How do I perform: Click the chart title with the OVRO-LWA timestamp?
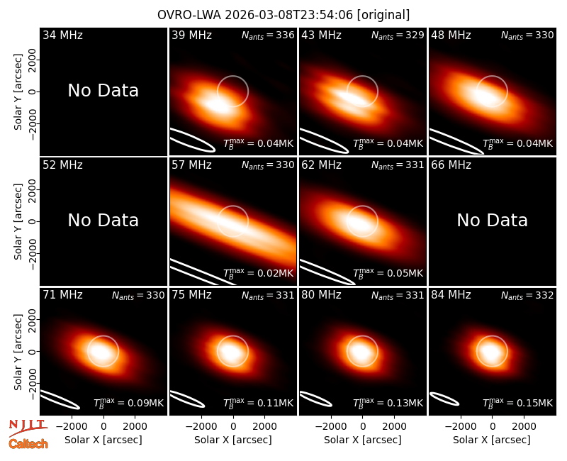(x=283, y=15)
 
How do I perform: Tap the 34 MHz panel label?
(x=62, y=35)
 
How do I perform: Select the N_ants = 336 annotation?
(x=268, y=35)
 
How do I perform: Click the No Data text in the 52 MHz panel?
(x=103, y=220)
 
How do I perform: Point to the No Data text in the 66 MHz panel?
(x=492, y=220)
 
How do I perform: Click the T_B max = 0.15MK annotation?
(x=518, y=403)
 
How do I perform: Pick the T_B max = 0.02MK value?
(x=258, y=273)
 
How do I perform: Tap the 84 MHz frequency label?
(x=451, y=295)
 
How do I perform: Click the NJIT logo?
(x=28, y=428)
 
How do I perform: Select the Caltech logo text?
(x=28, y=444)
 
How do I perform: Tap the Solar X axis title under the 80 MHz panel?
(x=362, y=440)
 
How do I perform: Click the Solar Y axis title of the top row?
(x=18, y=92)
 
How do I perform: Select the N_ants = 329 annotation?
(x=398, y=35)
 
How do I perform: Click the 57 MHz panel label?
(x=191, y=165)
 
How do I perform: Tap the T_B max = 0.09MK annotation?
(x=129, y=403)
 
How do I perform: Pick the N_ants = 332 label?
(x=527, y=296)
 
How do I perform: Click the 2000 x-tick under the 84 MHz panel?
(x=524, y=426)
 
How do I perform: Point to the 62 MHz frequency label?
(x=322, y=165)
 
